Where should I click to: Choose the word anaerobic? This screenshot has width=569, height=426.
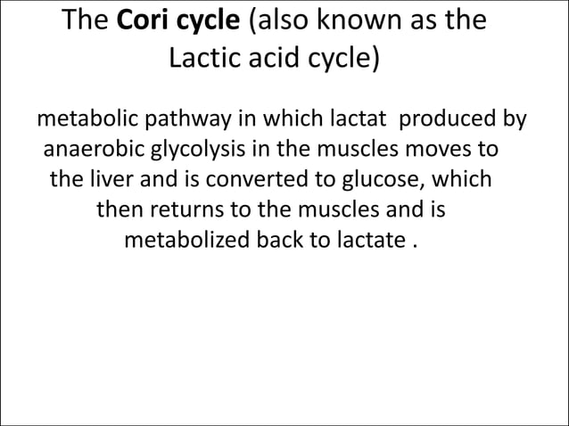[90, 148]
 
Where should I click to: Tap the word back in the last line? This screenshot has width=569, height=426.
[273, 241]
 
